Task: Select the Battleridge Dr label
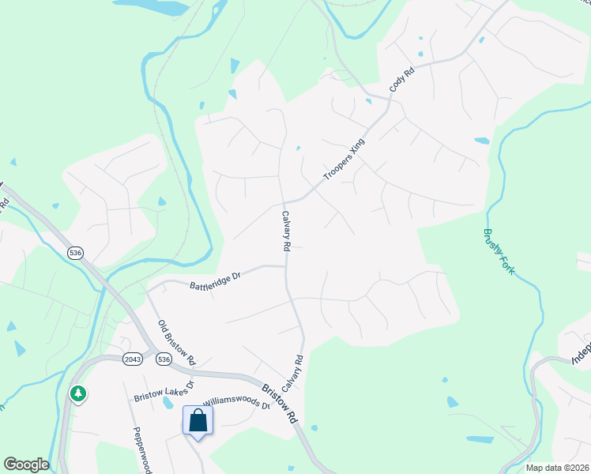coord(214,280)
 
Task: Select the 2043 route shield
coord(133,359)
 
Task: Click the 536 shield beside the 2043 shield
coord(164,359)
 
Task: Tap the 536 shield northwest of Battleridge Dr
coord(76,253)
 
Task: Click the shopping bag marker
coord(198,420)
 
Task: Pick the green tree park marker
coord(77,393)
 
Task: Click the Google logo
coord(26,465)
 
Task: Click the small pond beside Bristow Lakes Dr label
coord(168,403)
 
